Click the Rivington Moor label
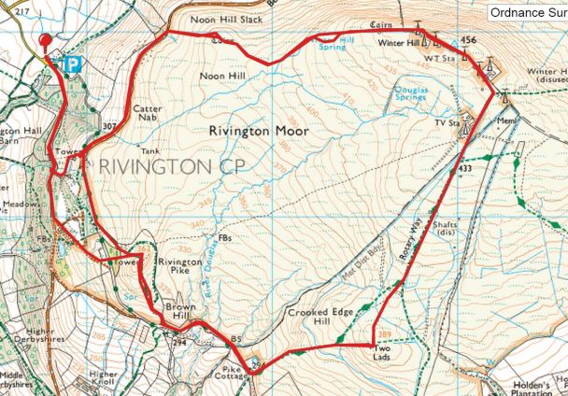pyautogui.click(x=260, y=132)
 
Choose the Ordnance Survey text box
pyautogui.click(x=527, y=12)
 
